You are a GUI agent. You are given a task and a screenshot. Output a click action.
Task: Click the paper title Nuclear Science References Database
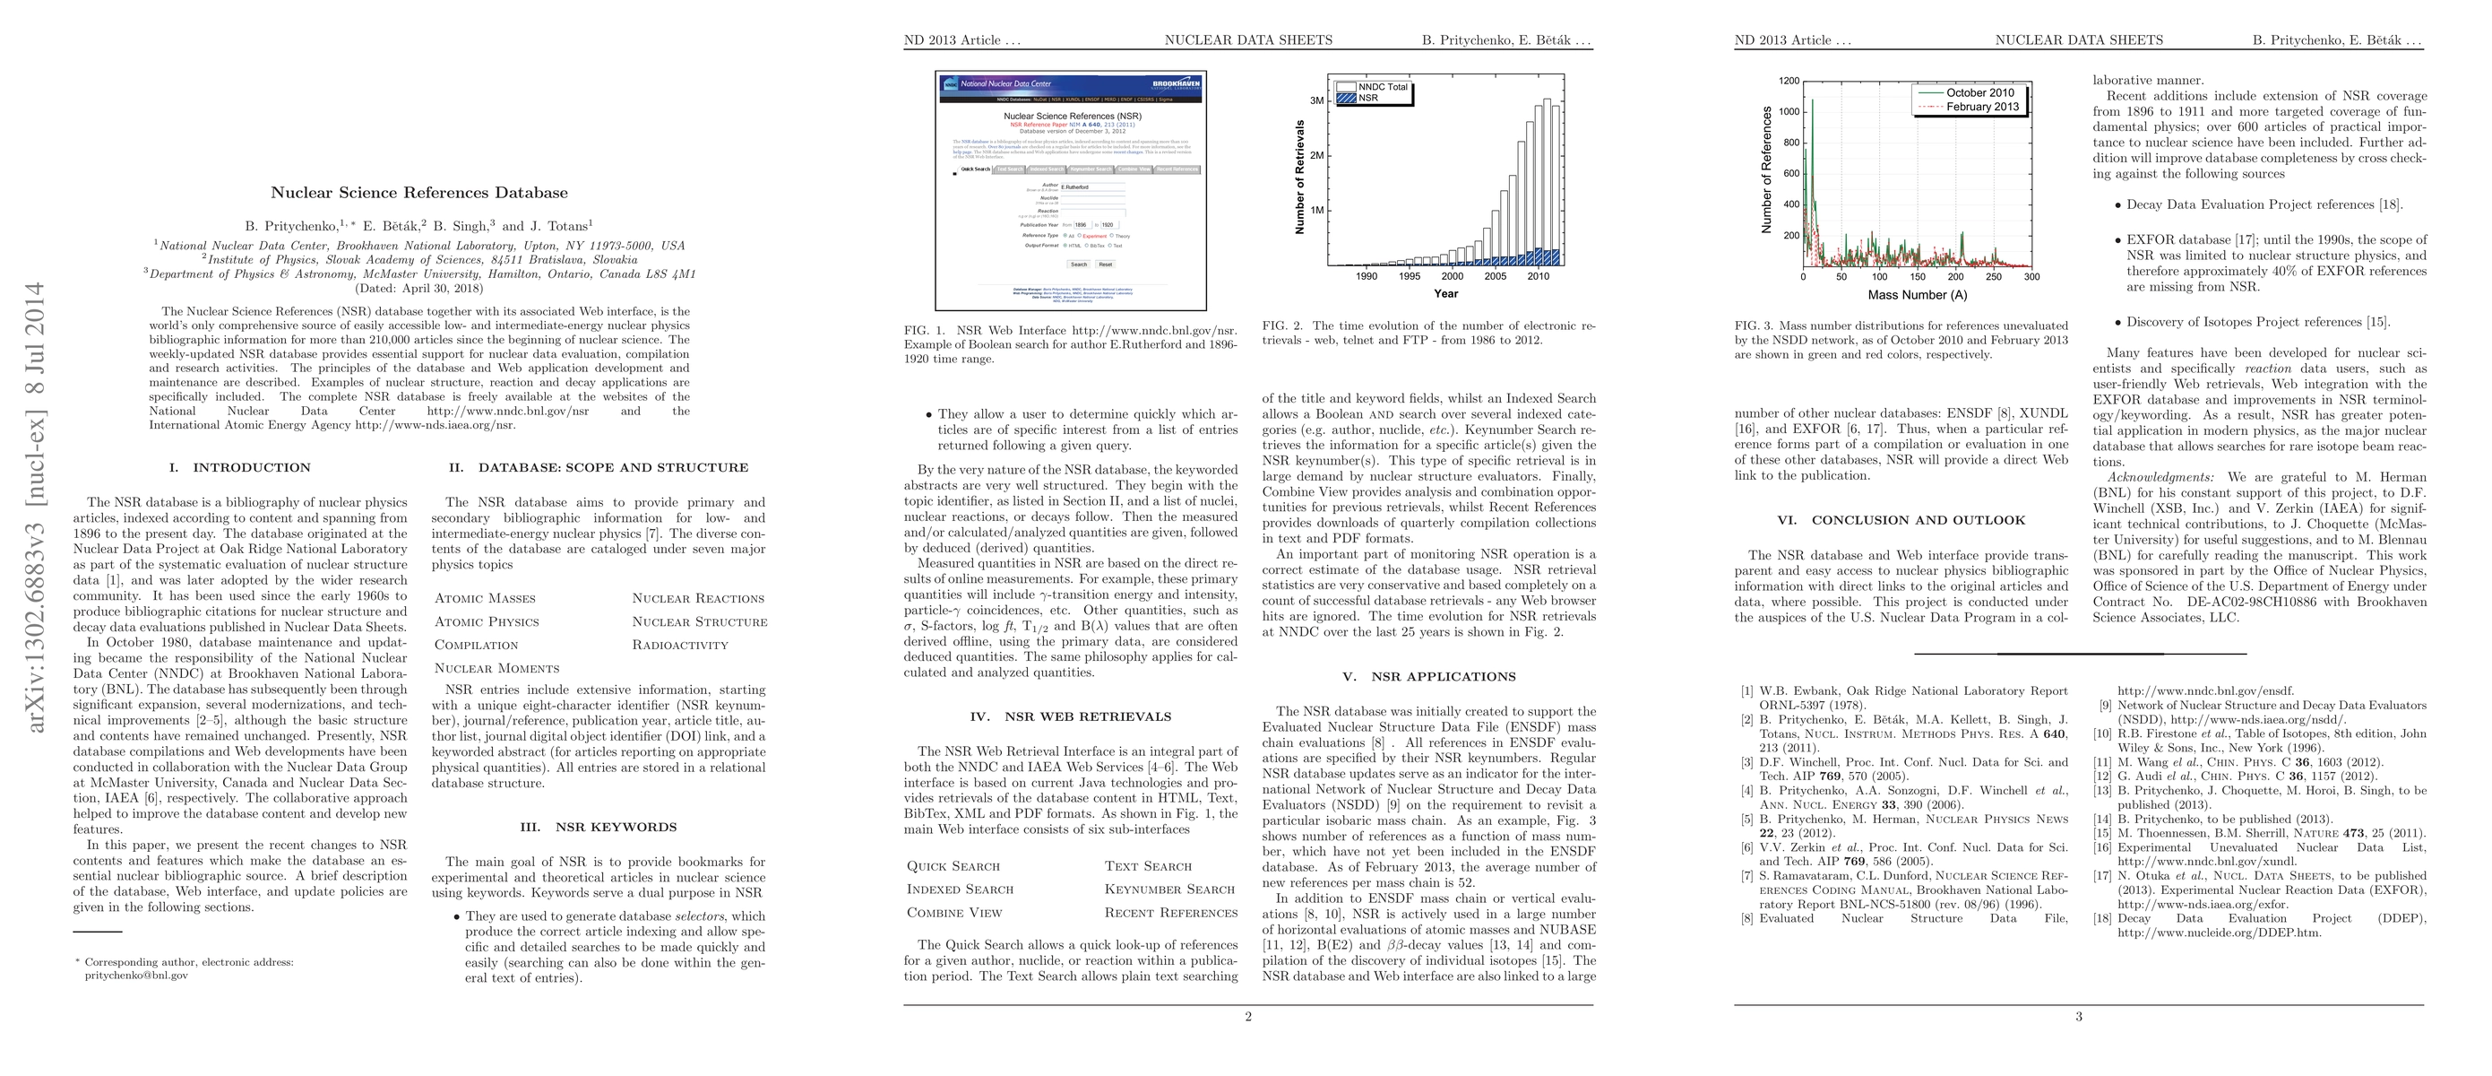[x=418, y=193]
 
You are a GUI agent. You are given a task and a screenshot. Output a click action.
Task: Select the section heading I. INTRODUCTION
[x=240, y=467]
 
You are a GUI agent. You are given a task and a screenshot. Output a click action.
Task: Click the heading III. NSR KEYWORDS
[x=598, y=828]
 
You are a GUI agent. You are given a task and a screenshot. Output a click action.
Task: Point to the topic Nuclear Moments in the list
[x=496, y=669]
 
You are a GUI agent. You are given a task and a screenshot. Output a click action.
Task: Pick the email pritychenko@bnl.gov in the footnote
[x=136, y=976]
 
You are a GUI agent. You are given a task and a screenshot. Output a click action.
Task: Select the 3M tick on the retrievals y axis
[x=1316, y=100]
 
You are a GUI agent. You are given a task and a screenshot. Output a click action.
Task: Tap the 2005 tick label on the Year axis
[x=1496, y=277]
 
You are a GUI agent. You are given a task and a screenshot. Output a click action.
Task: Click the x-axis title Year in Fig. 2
[x=1446, y=294]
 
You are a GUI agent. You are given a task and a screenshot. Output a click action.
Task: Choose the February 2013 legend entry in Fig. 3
[x=1982, y=108]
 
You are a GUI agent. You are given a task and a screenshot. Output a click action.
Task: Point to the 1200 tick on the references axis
[x=1789, y=82]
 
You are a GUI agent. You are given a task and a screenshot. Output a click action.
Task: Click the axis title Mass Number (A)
[x=1918, y=295]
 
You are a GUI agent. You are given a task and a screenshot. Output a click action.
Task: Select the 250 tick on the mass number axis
[x=1994, y=277]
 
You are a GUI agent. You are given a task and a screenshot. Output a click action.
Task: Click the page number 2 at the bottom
[x=1248, y=1017]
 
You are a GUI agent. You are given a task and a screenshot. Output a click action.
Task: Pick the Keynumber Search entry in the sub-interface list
[x=1169, y=889]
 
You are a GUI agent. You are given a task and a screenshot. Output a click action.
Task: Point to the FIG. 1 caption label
[x=925, y=330]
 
